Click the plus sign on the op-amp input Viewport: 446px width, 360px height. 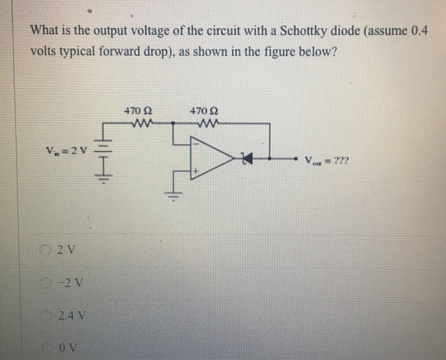[198, 171]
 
